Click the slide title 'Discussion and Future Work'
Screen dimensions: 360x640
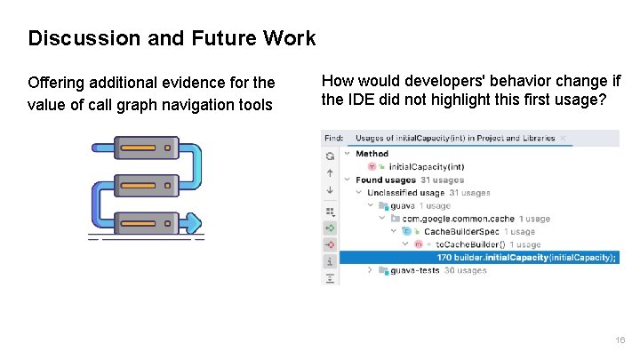tap(172, 38)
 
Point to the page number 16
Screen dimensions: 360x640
tap(620, 340)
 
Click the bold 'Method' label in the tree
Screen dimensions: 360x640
tap(372, 154)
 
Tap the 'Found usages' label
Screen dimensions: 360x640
tap(385, 180)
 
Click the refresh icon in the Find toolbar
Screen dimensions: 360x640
tap(330, 156)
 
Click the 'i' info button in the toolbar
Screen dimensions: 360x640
tap(330, 261)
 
